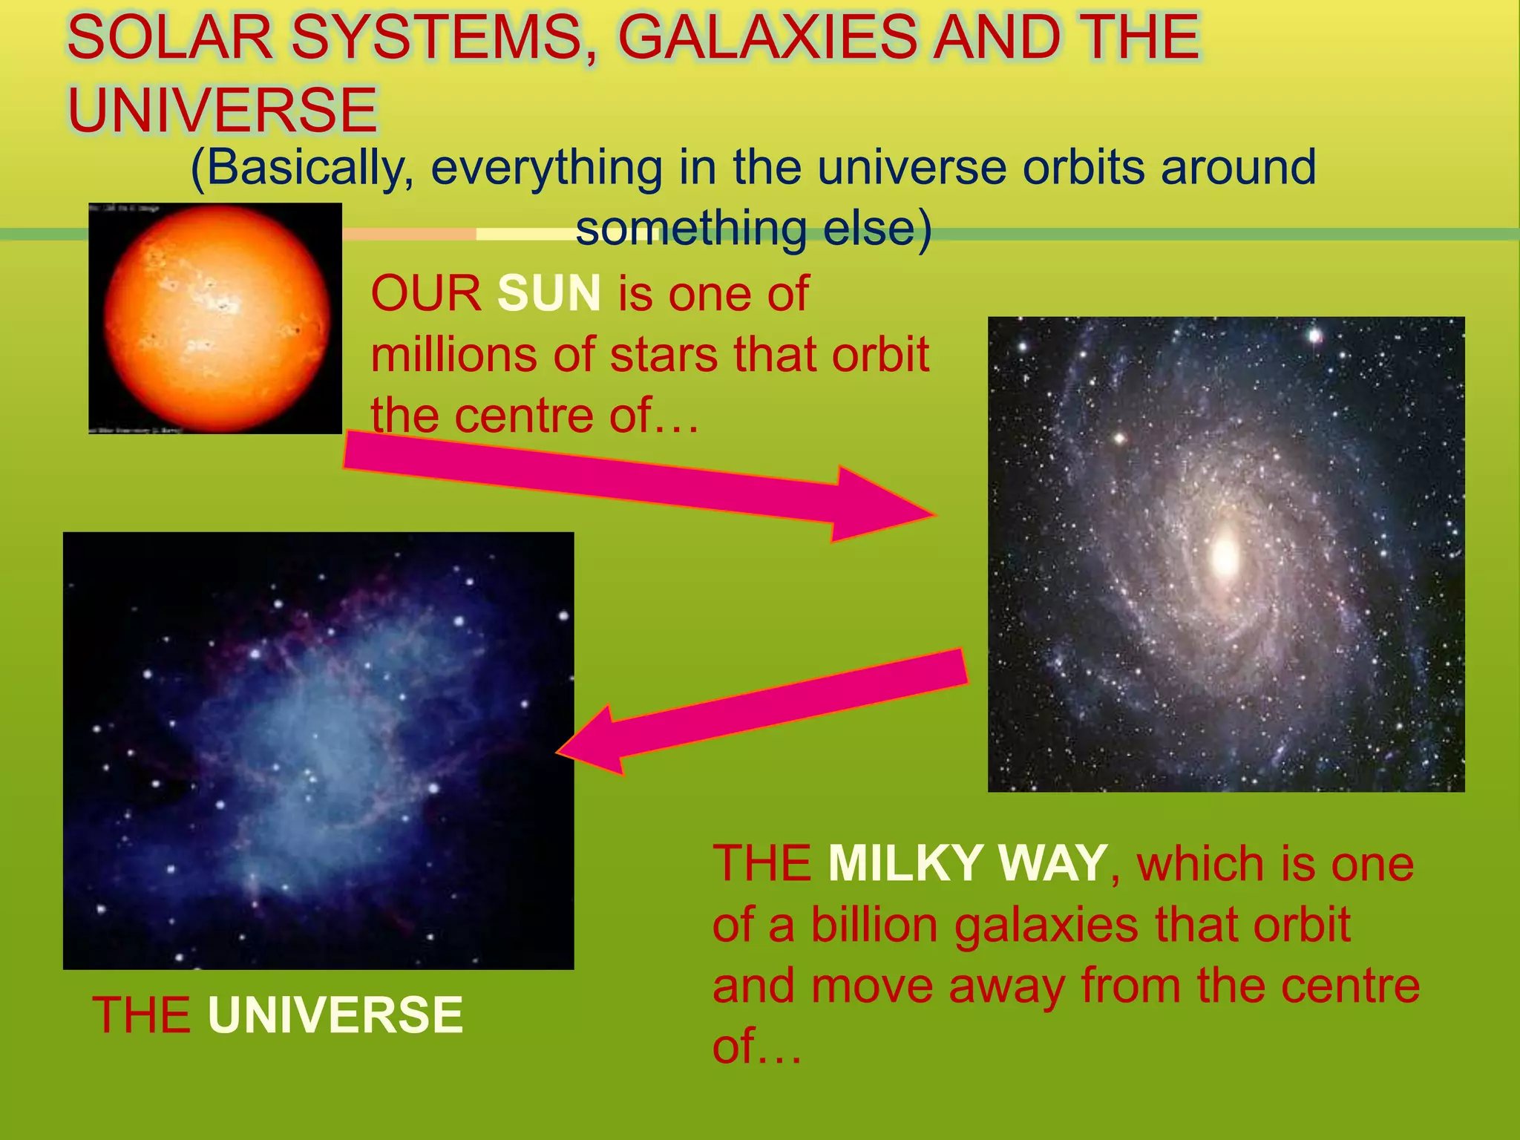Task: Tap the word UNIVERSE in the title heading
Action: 223,110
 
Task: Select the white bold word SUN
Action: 548,293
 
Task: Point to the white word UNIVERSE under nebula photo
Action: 335,1015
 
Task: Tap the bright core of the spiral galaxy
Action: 1225,554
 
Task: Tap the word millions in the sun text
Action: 453,354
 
